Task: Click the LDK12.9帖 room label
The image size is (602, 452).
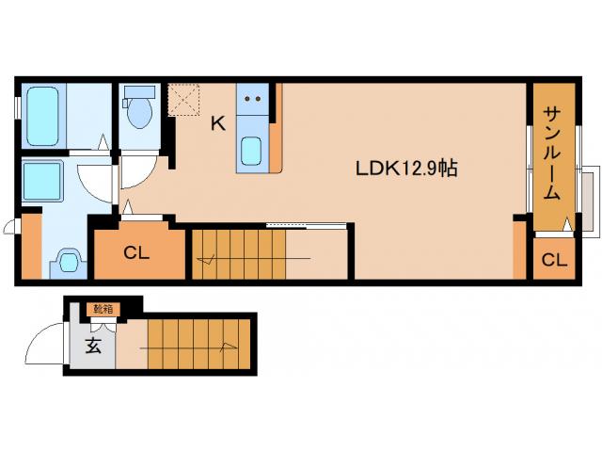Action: point(406,169)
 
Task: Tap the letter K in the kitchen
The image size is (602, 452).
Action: point(218,123)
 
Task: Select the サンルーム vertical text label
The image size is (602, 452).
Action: point(552,153)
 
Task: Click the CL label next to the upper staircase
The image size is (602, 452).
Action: point(136,253)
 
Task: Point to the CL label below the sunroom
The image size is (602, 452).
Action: point(554,260)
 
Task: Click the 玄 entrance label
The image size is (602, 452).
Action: point(93,346)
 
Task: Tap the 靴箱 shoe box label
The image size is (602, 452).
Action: point(103,309)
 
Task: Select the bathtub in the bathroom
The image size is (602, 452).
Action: point(43,116)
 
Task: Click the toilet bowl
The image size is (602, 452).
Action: point(140,112)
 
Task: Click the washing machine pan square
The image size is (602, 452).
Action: point(42,181)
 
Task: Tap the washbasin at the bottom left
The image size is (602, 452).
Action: point(69,262)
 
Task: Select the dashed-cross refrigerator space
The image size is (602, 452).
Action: point(184,100)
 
